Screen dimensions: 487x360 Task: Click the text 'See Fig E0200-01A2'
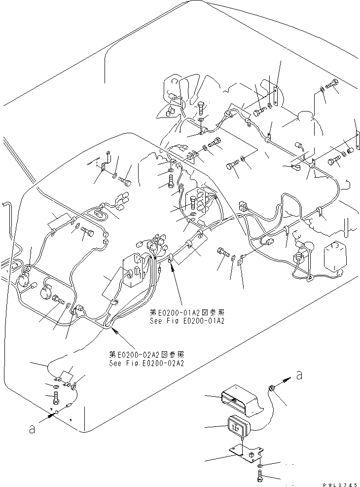pos(187,321)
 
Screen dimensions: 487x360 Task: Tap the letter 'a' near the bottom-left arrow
pos(32,430)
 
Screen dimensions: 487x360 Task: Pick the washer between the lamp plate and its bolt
pos(260,465)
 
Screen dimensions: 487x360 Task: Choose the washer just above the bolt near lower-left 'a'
pos(54,385)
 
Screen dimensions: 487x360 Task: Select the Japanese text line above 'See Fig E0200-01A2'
pos(187,312)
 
